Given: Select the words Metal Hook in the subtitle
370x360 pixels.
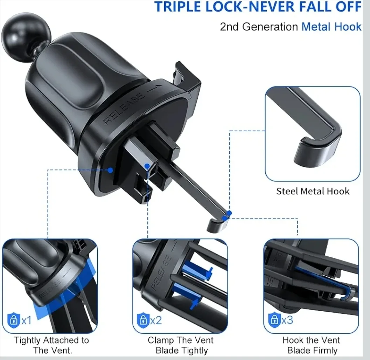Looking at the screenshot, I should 331,27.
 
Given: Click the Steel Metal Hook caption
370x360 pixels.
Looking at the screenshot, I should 313,191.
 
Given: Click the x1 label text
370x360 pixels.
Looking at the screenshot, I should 27,320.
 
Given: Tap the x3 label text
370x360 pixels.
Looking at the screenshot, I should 287,320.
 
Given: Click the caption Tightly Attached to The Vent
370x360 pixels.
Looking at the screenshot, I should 51,345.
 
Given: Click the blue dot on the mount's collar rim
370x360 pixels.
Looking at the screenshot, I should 110,170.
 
